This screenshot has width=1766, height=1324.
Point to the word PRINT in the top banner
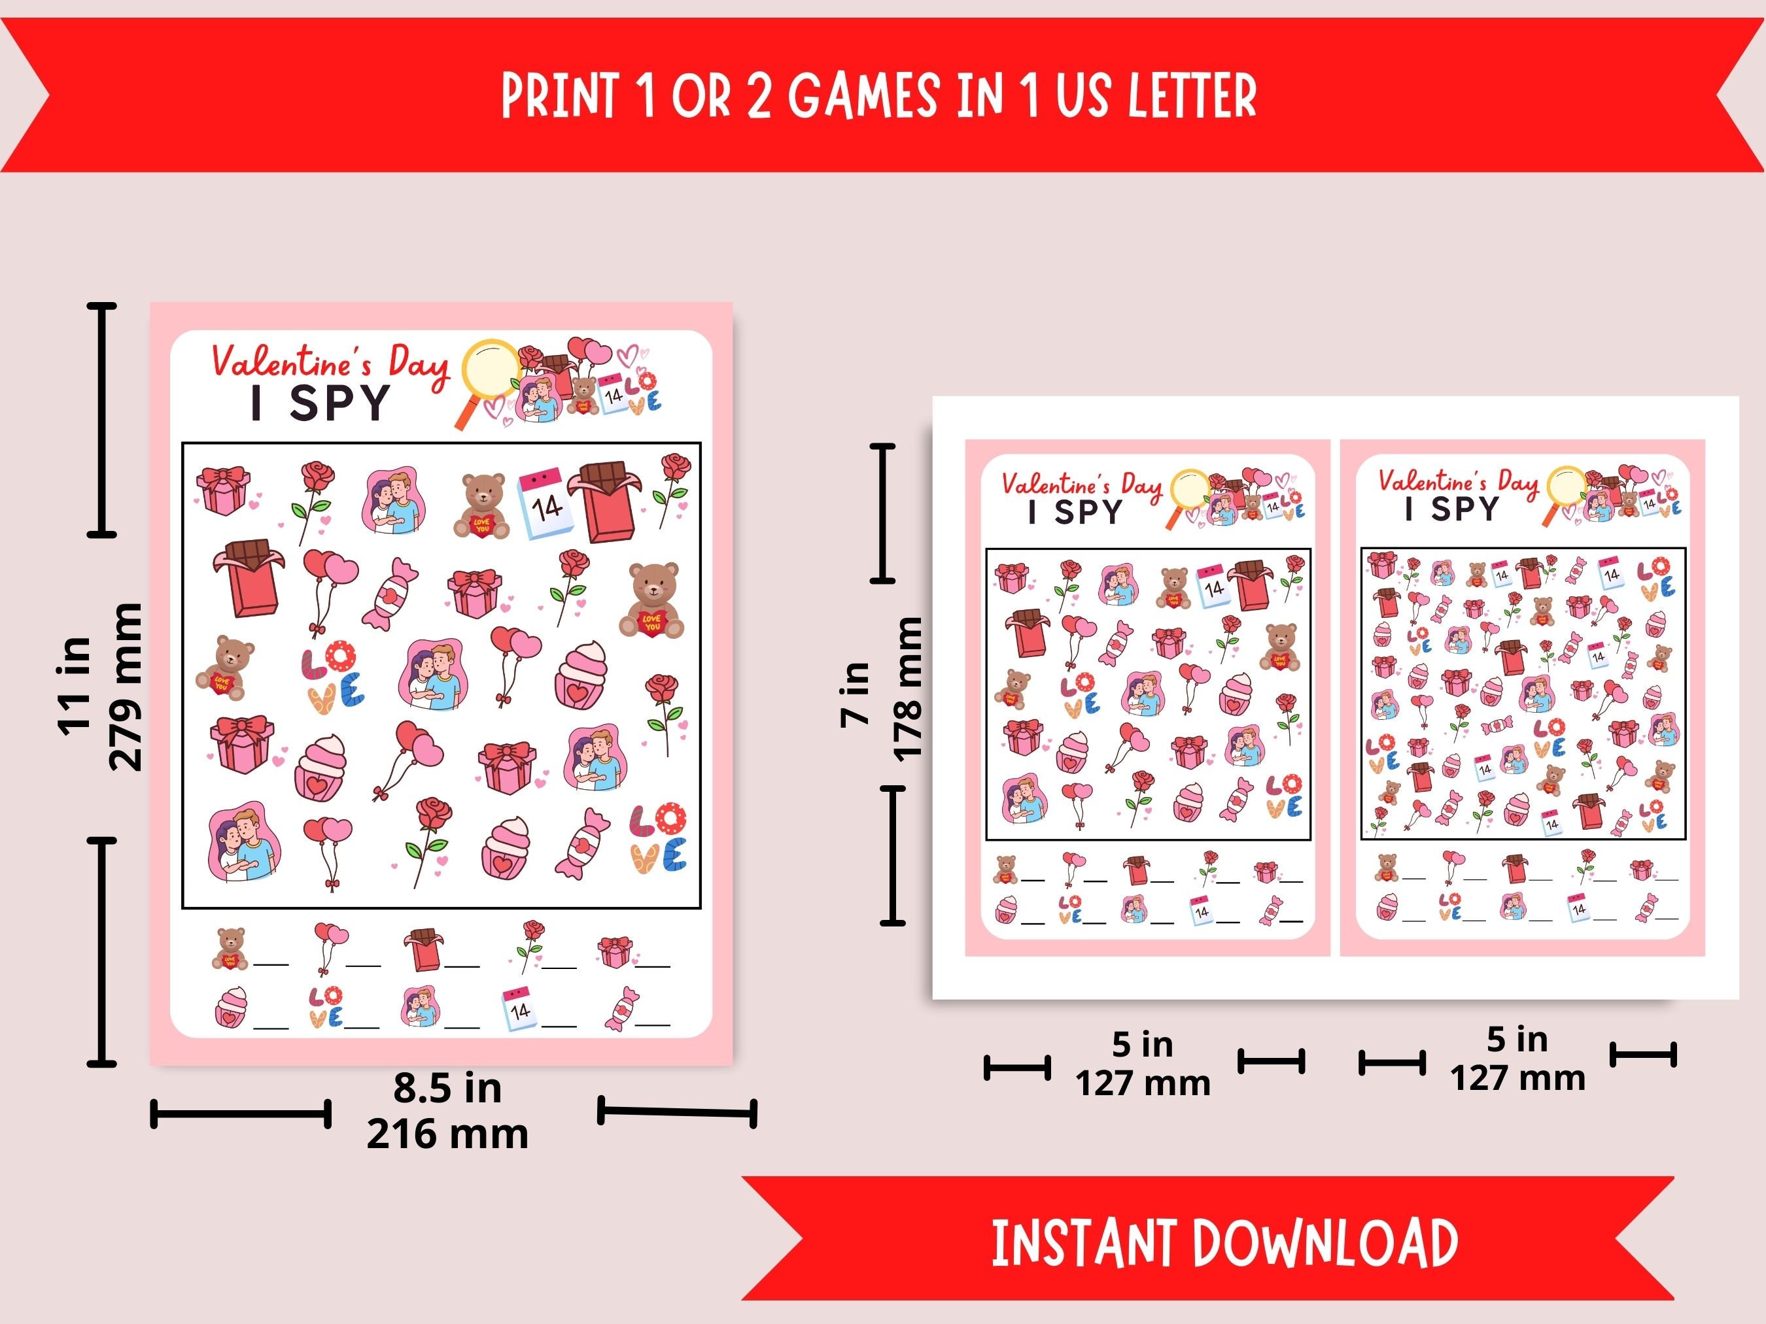[560, 95]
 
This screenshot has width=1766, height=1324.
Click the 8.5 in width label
[447, 1089]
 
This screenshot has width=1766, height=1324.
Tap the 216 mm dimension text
[447, 1134]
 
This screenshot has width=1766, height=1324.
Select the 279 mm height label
[126, 687]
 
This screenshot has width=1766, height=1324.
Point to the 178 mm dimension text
[908, 688]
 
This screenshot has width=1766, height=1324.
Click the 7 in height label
[855, 692]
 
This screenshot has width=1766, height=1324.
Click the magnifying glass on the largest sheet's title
[489, 370]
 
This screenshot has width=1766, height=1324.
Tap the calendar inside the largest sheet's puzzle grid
[545, 502]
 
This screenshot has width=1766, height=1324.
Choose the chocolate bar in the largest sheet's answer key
[423, 949]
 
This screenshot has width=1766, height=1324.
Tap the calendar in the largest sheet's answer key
[518, 1009]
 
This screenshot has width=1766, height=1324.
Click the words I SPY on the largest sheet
[320, 403]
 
